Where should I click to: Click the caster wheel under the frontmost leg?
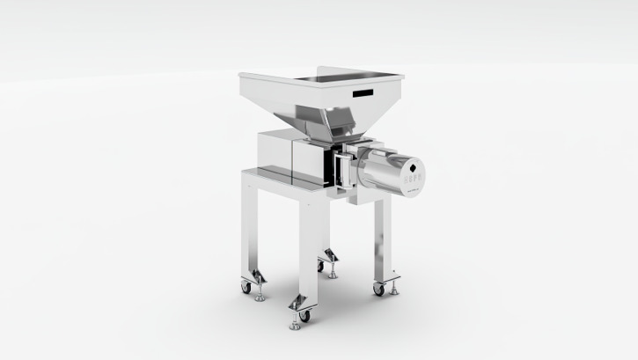304,314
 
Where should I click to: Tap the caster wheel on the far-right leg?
378,288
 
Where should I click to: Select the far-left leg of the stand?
250,231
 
